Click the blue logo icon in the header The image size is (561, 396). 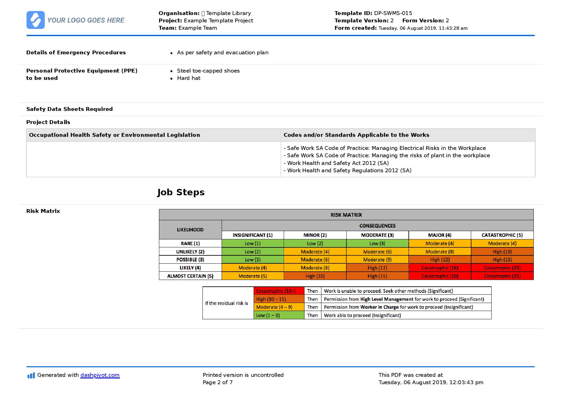click(36, 20)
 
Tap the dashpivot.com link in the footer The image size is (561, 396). click(100, 375)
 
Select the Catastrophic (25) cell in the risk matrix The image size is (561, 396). click(502, 276)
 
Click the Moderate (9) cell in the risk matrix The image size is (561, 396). click(377, 260)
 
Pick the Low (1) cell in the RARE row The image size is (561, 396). click(252, 243)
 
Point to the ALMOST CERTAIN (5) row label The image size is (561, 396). click(190, 276)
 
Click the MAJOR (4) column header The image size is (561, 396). click(439, 235)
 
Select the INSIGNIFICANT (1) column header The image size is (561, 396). click(252, 235)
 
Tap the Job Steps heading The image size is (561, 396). click(181, 192)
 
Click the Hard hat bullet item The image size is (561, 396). click(189, 78)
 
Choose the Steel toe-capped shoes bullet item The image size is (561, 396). click(208, 71)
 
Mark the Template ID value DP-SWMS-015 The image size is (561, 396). click(393, 13)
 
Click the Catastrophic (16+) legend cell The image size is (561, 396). click(279, 291)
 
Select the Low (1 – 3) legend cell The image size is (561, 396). click(279, 315)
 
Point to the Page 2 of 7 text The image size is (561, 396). click(217, 382)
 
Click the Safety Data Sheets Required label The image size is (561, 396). click(69, 109)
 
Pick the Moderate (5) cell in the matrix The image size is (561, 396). click(252, 276)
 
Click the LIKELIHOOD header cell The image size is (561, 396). click(190, 229)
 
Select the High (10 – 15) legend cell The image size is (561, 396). click(279, 299)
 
